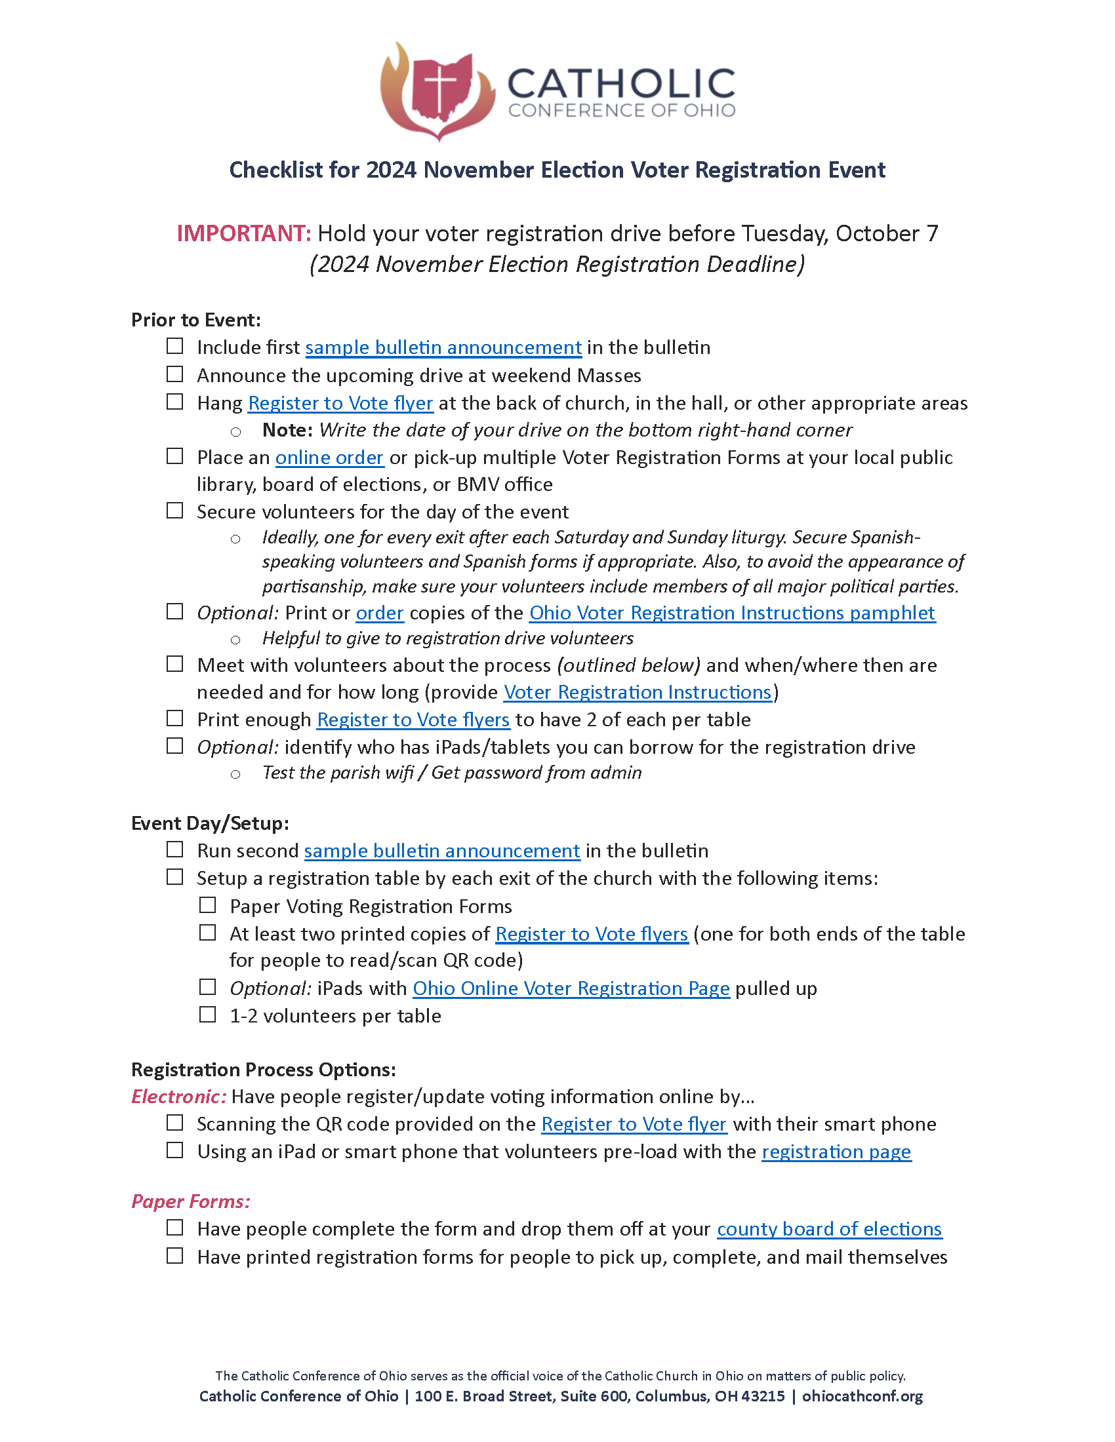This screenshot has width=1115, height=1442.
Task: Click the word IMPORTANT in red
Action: (243, 234)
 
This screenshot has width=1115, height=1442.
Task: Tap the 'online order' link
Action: (329, 458)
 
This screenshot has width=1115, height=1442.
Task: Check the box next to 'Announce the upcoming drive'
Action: (174, 374)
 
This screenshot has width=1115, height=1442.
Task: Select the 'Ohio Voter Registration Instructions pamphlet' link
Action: (732, 613)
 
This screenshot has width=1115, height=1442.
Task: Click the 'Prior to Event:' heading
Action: (195, 320)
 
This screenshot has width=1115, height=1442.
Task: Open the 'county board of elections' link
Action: (829, 1229)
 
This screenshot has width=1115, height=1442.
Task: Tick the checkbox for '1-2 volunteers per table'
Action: (207, 1015)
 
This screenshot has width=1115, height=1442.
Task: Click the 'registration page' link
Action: (836, 1152)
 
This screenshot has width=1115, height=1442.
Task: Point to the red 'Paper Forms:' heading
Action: (191, 1201)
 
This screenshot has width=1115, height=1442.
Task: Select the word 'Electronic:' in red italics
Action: (179, 1097)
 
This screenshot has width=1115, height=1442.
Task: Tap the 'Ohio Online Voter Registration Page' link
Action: (571, 988)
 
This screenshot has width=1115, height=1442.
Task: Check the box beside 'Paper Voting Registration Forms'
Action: (207, 905)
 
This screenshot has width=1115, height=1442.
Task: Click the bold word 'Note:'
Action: (287, 430)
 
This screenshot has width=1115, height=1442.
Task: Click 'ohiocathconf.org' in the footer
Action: (862, 1396)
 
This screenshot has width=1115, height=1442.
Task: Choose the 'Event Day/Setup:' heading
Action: (210, 823)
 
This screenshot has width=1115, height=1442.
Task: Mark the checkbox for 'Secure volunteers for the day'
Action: (174, 511)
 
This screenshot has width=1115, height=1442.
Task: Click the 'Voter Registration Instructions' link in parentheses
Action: (638, 692)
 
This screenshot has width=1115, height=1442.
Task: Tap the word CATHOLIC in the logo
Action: (621, 85)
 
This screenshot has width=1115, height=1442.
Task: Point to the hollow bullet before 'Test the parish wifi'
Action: (235, 774)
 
